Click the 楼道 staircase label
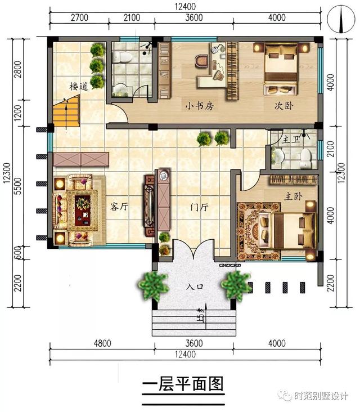point(79,86)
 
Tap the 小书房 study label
point(200,105)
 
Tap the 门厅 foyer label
point(200,207)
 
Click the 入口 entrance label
point(195,287)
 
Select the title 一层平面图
point(183,384)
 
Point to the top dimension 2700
point(79,17)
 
